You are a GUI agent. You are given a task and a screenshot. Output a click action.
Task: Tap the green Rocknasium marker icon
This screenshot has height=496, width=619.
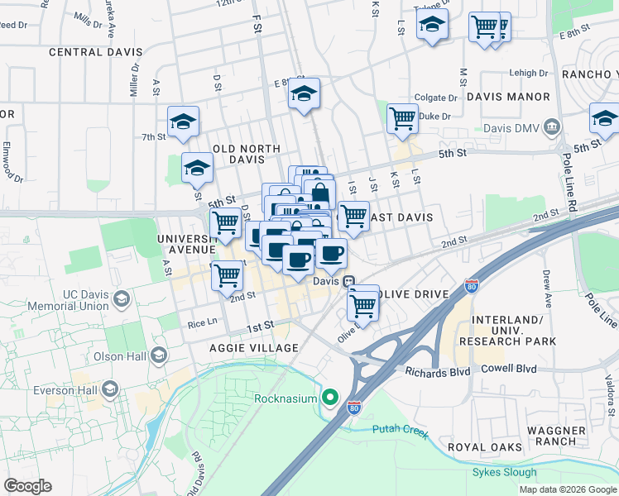tap(330, 399)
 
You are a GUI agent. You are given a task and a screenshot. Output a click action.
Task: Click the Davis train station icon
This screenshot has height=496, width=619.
tap(349, 281)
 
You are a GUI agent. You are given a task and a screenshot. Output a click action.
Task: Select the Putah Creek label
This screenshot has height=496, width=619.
tap(400, 428)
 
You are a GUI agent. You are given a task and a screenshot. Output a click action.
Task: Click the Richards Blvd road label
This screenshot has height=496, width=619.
tap(438, 372)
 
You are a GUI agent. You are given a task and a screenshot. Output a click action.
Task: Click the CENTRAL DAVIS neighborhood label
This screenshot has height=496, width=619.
tap(88, 52)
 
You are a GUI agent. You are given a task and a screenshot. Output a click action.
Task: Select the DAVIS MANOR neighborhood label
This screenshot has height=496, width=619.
tap(508, 97)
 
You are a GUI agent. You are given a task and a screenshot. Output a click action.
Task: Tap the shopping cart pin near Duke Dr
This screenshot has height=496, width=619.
tap(402, 118)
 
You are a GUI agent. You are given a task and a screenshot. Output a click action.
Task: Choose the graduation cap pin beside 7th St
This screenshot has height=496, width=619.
tap(183, 122)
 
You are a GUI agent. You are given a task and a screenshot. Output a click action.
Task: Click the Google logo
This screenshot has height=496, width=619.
tap(27, 486)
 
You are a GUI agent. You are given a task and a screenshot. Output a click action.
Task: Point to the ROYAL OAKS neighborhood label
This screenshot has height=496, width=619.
tap(485, 447)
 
